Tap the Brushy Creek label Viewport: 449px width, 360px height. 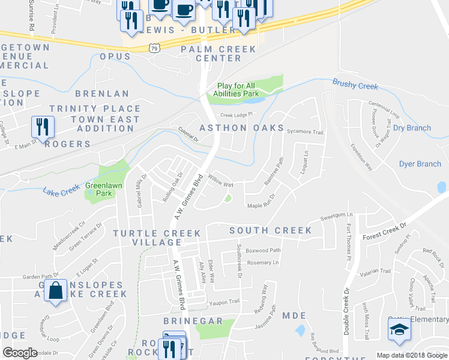(x=355, y=86)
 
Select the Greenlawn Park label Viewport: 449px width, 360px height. (x=99, y=190)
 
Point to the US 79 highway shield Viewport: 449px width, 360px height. (x=154, y=48)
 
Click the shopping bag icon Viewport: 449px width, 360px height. (x=56, y=290)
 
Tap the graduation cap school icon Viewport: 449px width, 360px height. (x=397, y=329)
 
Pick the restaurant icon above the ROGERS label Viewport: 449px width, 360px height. (x=43, y=126)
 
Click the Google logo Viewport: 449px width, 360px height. (x=20, y=353)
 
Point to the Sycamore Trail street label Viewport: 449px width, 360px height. (x=305, y=132)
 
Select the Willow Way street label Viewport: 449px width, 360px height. (x=220, y=181)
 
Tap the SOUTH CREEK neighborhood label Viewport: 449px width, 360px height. (x=271, y=230)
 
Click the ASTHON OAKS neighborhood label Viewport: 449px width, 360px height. (x=242, y=128)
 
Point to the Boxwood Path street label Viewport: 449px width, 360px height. (x=263, y=250)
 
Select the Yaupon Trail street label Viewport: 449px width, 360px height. (x=224, y=301)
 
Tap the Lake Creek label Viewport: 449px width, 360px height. (x=61, y=191)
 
